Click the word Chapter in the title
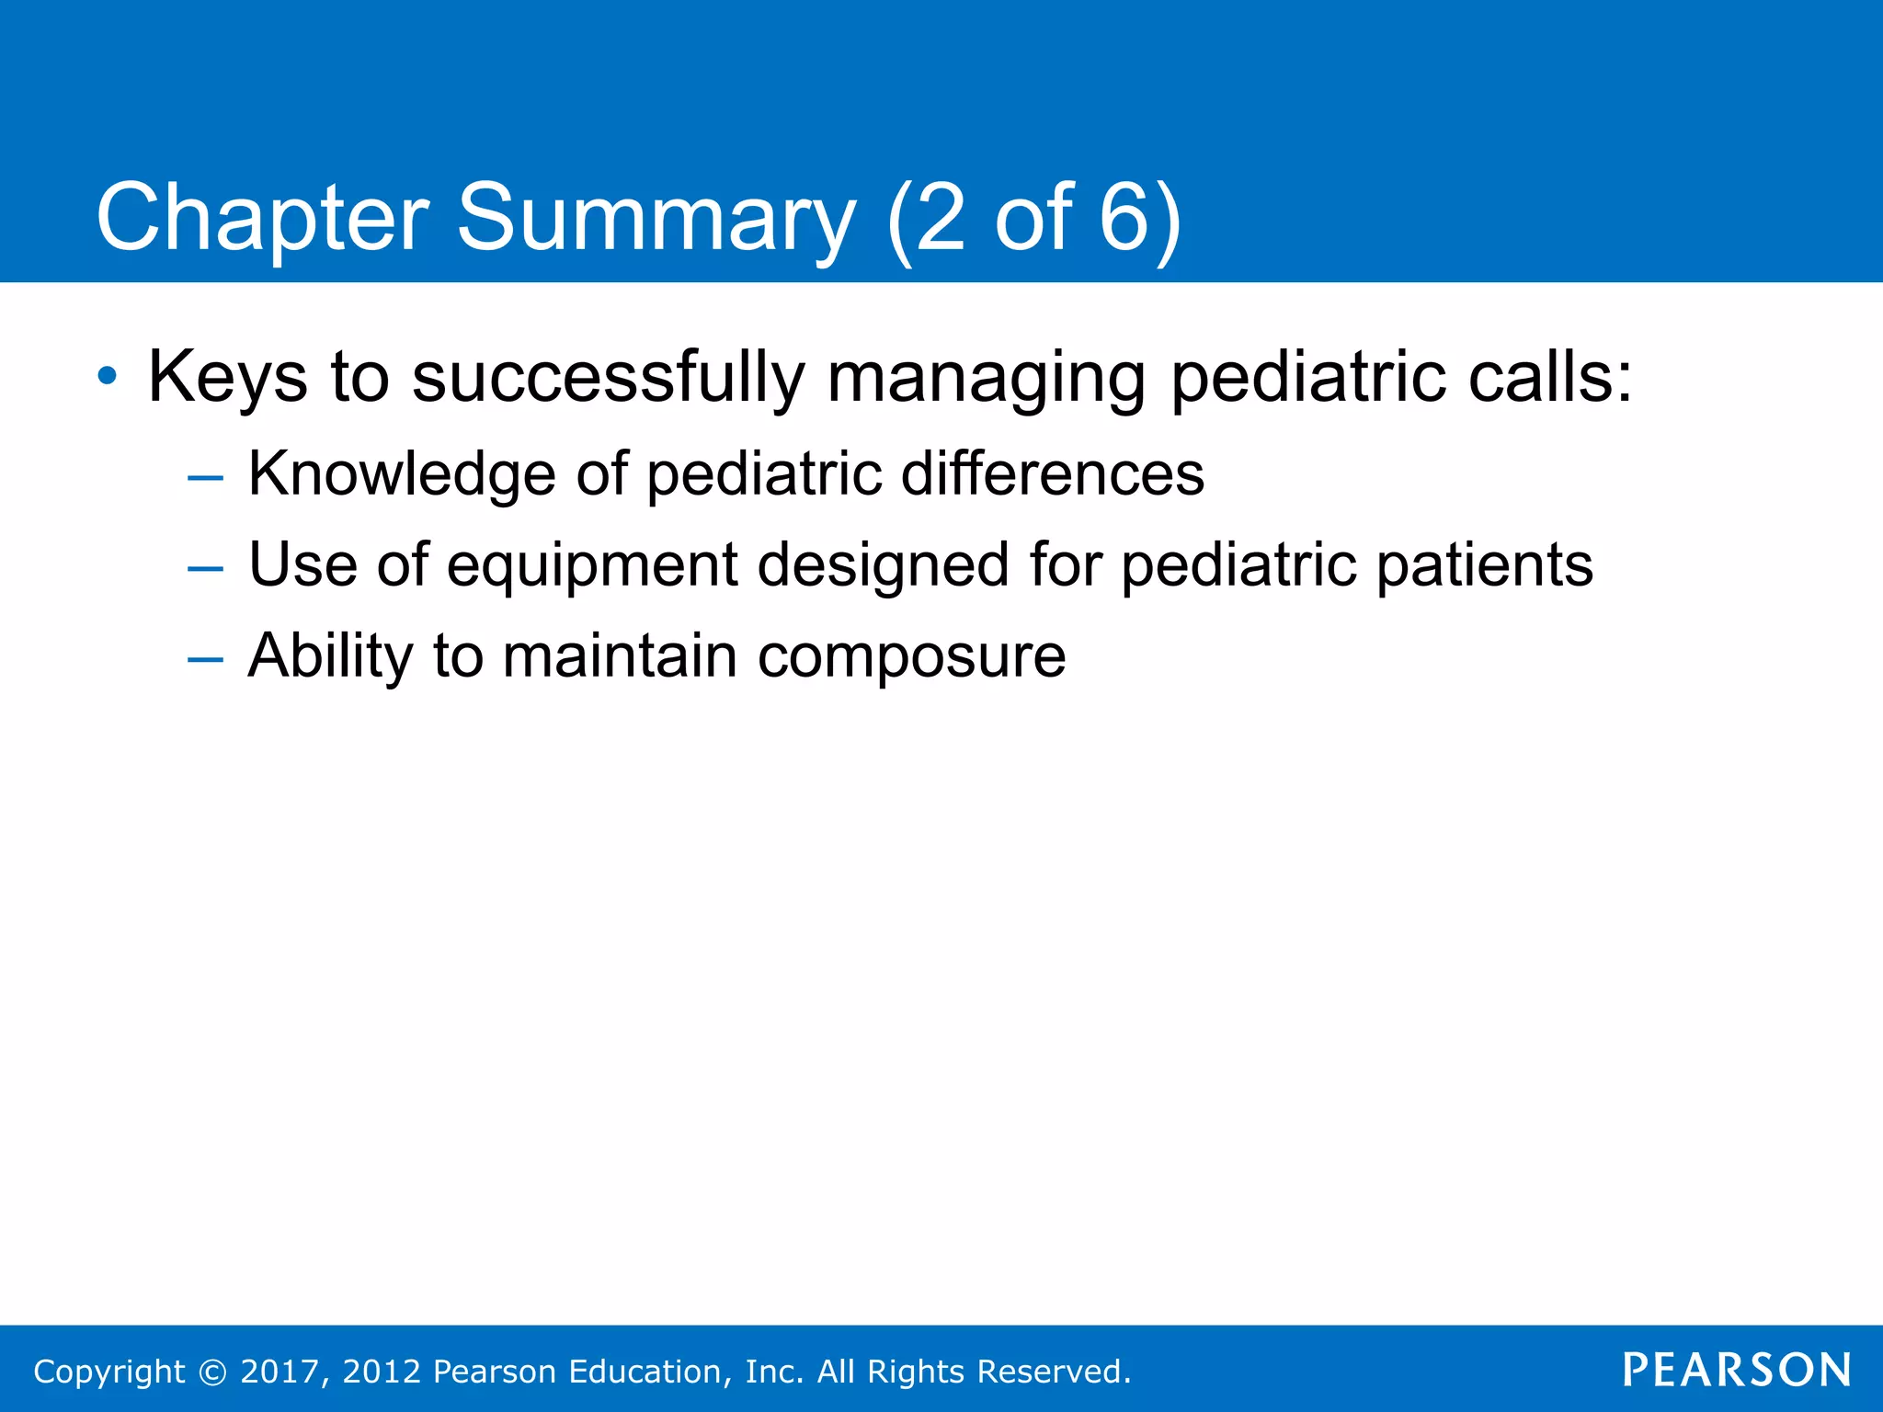click(x=262, y=219)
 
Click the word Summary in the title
click(x=656, y=219)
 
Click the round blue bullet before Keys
click(x=108, y=376)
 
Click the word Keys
click(x=227, y=378)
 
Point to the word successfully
click(x=608, y=378)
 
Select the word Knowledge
click(x=402, y=474)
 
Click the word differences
click(x=1052, y=474)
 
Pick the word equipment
click(x=592, y=566)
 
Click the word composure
click(x=911, y=657)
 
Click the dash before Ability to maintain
click(x=204, y=659)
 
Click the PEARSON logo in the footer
click(x=1736, y=1370)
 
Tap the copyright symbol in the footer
click(x=212, y=1372)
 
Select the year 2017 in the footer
click(x=280, y=1372)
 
